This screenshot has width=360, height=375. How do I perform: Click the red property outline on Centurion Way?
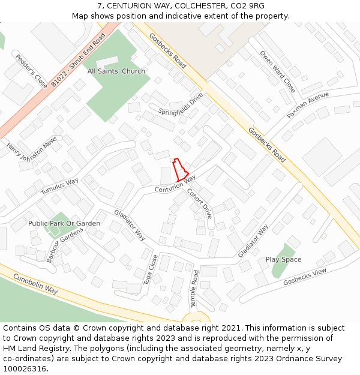179,170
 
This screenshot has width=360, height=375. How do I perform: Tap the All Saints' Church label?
116,71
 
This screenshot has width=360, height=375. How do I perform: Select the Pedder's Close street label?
31,71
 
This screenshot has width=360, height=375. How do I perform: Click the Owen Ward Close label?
277,71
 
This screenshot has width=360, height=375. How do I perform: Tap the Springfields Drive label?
181,104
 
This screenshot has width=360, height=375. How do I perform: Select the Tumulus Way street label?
59,186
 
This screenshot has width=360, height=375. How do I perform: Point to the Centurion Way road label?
175,184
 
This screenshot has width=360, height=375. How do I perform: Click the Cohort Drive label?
200,203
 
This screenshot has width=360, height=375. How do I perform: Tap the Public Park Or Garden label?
64,223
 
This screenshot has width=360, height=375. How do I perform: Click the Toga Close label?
150,269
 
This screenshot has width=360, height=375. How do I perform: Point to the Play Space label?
283,260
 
